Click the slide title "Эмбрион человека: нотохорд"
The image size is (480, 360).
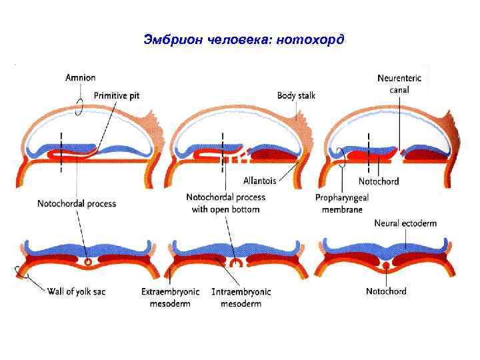244,39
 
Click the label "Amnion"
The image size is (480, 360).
81,78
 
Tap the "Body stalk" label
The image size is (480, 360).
296,95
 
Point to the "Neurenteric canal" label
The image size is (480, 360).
399,83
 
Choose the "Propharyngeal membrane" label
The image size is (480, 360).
342,203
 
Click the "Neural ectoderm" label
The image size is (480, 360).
406,223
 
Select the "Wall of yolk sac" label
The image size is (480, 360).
77,291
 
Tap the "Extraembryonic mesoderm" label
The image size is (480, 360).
166,297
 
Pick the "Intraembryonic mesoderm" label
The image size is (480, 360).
241,297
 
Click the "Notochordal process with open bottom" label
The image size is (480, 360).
225,203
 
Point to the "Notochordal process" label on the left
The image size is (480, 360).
77,203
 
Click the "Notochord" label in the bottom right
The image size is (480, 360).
386,291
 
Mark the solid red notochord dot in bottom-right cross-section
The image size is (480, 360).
386,265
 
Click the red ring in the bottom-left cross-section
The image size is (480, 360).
87,263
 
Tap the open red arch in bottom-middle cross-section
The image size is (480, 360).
235,263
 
